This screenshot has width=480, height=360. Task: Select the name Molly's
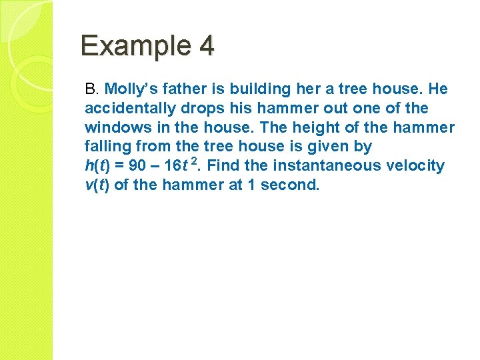pyautogui.click(x=130, y=89)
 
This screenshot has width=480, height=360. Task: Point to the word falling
pyautogui.click(x=105, y=147)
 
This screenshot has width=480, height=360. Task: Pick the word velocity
pyautogui.click(x=415, y=166)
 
